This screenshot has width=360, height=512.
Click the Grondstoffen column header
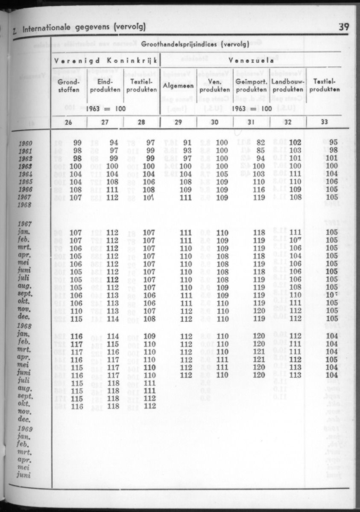(68, 85)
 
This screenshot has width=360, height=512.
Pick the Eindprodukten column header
(105, 85)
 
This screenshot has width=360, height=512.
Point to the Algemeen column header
(178, 86)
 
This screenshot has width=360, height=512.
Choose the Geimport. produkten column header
(252, 85)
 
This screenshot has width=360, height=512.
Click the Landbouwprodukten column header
(288, 85)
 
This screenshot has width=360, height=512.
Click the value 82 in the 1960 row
(260, 143)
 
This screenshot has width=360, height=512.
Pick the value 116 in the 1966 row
(259, 189)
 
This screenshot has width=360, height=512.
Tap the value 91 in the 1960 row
(187, 143)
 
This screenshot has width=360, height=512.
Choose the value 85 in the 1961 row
(260, 151)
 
